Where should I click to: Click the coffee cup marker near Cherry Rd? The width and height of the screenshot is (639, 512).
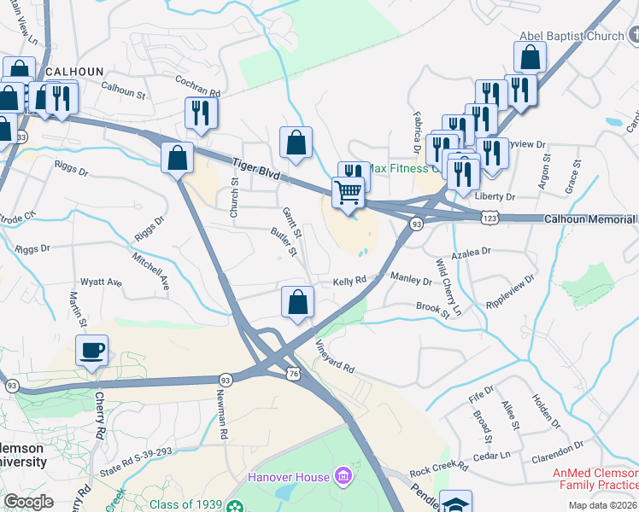tap(92, 350)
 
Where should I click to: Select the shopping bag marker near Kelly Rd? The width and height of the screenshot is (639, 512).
tap(296, 303)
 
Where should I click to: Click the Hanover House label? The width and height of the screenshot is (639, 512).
tap(288, 475)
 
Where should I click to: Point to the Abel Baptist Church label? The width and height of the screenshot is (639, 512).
tap(572, 36)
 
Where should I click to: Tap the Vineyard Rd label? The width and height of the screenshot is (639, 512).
tap(334, 357)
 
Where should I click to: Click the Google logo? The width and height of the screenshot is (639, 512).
tap(29, 502)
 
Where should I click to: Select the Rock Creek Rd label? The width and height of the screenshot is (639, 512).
tap(438, 468)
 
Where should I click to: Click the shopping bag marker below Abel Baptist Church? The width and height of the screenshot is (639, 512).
tap(530, 58)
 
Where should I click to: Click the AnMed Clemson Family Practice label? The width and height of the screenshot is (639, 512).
tap(595, 479)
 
